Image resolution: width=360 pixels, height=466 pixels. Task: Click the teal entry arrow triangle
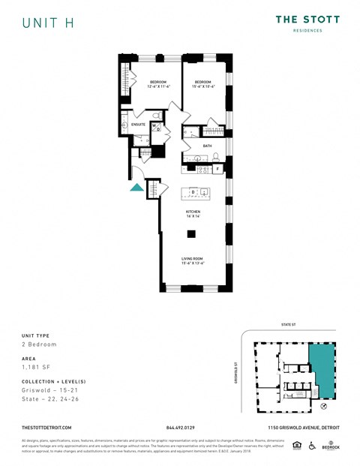click(136, 188)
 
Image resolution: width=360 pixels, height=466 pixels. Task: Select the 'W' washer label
click(154, 125)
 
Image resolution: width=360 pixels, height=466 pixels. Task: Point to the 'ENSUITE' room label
click(138, 124)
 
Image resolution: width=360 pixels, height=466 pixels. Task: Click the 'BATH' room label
click(207, 146)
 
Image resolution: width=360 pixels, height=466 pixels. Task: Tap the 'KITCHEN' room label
click(193, 212)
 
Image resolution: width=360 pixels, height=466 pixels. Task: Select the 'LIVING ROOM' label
click(193, 259)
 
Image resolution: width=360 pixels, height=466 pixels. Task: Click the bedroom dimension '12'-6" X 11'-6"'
click(158, 86)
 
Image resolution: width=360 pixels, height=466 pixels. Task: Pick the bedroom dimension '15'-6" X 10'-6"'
click(204, 86)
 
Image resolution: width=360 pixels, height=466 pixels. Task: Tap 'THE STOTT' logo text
click(307, 20)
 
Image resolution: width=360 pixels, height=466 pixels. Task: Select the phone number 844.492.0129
click(180, 427)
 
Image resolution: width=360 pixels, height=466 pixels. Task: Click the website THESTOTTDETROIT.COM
click(46, 427)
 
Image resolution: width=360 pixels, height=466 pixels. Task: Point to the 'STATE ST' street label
click(289, 325)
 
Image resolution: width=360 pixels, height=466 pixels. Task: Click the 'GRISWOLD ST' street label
click(236, 371)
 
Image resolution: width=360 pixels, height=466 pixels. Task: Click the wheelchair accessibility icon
click(311, 446)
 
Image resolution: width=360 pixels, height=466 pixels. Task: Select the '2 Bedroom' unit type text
click(39, 344)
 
